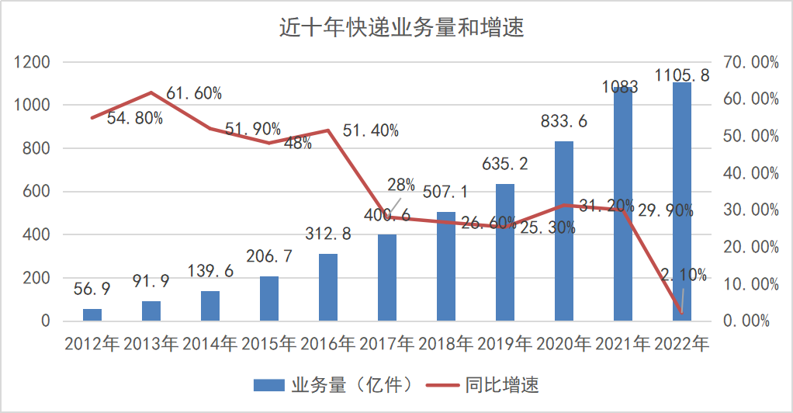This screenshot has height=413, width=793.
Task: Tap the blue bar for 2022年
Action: coord(682,201)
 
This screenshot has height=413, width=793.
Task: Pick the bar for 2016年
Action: coord(328,287)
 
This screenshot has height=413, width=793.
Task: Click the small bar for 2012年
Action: coord(92,314)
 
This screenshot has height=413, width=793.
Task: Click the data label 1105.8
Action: coord(682,75)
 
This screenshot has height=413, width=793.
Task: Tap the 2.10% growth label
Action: coord(684,274)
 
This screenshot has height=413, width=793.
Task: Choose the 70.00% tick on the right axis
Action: coord(750,62)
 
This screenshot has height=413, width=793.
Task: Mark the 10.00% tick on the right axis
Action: coord(750,284)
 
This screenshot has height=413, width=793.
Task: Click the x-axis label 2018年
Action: coord(446,343)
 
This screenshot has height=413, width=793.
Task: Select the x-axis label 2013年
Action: coord(151,343)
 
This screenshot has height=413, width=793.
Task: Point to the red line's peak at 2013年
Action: coord(151,92)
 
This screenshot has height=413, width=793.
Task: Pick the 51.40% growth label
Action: coord(371,131)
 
